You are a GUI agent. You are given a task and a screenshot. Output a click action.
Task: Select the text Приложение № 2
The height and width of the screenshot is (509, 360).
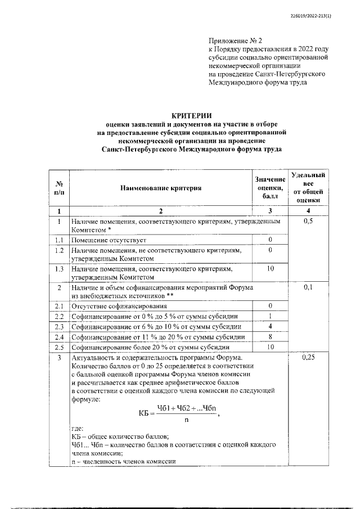(x=232, y=41)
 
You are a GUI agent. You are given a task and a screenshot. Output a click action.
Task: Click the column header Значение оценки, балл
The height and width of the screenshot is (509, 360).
(x=270, y=188)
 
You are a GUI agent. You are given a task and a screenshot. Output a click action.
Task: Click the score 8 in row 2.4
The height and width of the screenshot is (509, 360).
(x=270, y=336)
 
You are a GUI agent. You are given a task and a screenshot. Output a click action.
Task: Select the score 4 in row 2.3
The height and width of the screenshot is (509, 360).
(x=270, y=326)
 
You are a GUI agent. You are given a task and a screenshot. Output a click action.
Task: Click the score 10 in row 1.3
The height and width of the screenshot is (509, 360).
(x=270, y=269)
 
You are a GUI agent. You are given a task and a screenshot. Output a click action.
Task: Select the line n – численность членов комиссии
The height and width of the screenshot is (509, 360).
(x=124, y=461)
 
